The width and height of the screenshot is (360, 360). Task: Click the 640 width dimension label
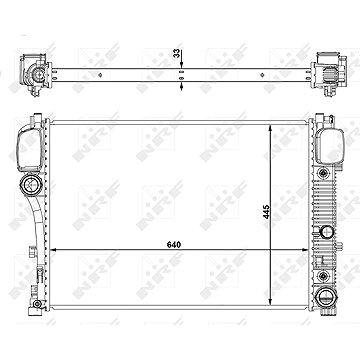[x=174, y=245]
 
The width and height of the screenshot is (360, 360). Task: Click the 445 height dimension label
[x=266, y=212]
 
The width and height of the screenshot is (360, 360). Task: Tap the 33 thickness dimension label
[x=177, y=53]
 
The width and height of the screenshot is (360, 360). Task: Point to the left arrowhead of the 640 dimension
[x=53, y=249]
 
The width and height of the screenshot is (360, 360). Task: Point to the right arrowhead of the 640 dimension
[x=304, y=249]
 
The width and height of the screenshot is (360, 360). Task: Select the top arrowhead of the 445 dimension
[x=270, y=128]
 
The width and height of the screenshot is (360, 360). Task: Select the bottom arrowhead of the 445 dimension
[x=270, y=302]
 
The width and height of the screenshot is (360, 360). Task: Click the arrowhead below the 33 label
[x=181, y=65]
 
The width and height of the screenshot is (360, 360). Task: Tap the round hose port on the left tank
[x=31, y=184]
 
